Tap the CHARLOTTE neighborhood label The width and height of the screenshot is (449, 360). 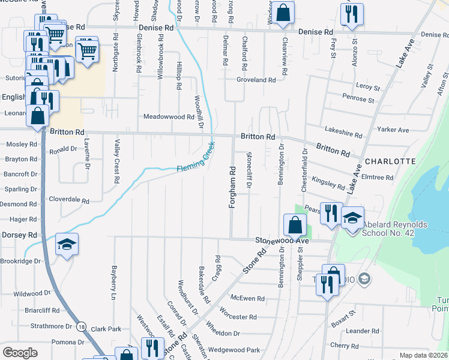point(390,161)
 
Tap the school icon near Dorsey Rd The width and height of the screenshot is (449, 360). point(67,244)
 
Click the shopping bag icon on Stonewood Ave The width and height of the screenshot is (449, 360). point(295,226)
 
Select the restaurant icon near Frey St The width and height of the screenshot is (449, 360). point(352,13)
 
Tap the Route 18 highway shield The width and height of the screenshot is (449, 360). point(81,327)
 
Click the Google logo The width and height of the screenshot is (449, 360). point(20,352)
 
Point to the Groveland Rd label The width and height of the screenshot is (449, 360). point(256,80)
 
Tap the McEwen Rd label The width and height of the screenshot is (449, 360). point(248,298)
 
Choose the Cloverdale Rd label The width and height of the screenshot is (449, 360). point(69,200)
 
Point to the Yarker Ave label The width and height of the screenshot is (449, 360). point(393,130)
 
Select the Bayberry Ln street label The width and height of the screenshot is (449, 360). point(112,282)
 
